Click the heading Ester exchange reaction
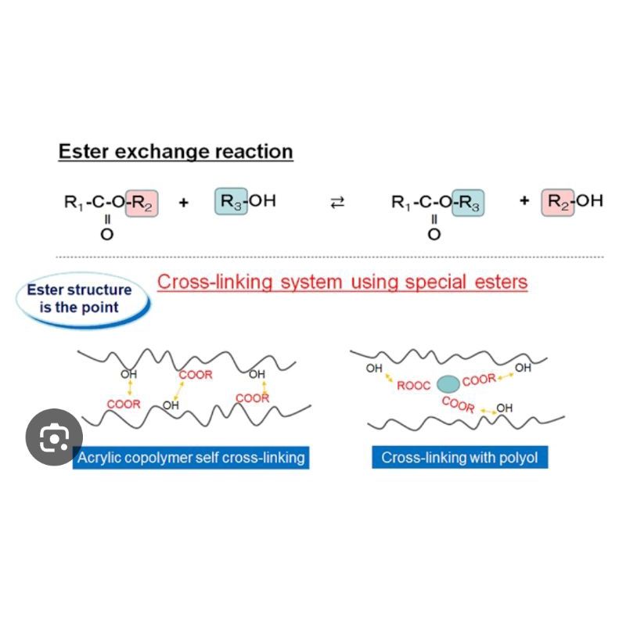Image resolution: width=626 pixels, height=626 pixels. point(175,152)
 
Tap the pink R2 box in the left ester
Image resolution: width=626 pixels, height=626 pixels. point(142,203)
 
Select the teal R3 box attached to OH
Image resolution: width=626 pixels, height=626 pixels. point(231,201)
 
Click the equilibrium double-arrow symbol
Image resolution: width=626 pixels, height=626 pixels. point(337,203)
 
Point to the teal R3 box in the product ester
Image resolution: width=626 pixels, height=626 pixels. point(468,203)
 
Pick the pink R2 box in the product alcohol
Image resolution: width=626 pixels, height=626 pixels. point(558,203)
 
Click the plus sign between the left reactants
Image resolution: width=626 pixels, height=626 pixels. point(184,203)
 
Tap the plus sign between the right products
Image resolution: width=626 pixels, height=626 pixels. point(524,200)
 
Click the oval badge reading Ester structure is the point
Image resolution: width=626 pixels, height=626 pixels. point(83,300)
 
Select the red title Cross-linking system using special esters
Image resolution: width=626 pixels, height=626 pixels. point(342,282)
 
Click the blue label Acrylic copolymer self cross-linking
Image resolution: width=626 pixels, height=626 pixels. point(191,458)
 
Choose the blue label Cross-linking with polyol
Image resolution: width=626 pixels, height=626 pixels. point(460,458)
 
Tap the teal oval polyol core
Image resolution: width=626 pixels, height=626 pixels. point(448,384)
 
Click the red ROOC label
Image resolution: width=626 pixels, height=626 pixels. point(414,386)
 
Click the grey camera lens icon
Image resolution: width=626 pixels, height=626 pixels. point(54,437)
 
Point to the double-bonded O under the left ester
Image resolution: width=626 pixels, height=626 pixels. point(106,234)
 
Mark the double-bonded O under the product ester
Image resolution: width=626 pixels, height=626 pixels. point(434,234)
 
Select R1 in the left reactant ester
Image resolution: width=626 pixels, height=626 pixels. point(74,203)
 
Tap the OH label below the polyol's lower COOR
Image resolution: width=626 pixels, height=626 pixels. point(504,408)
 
